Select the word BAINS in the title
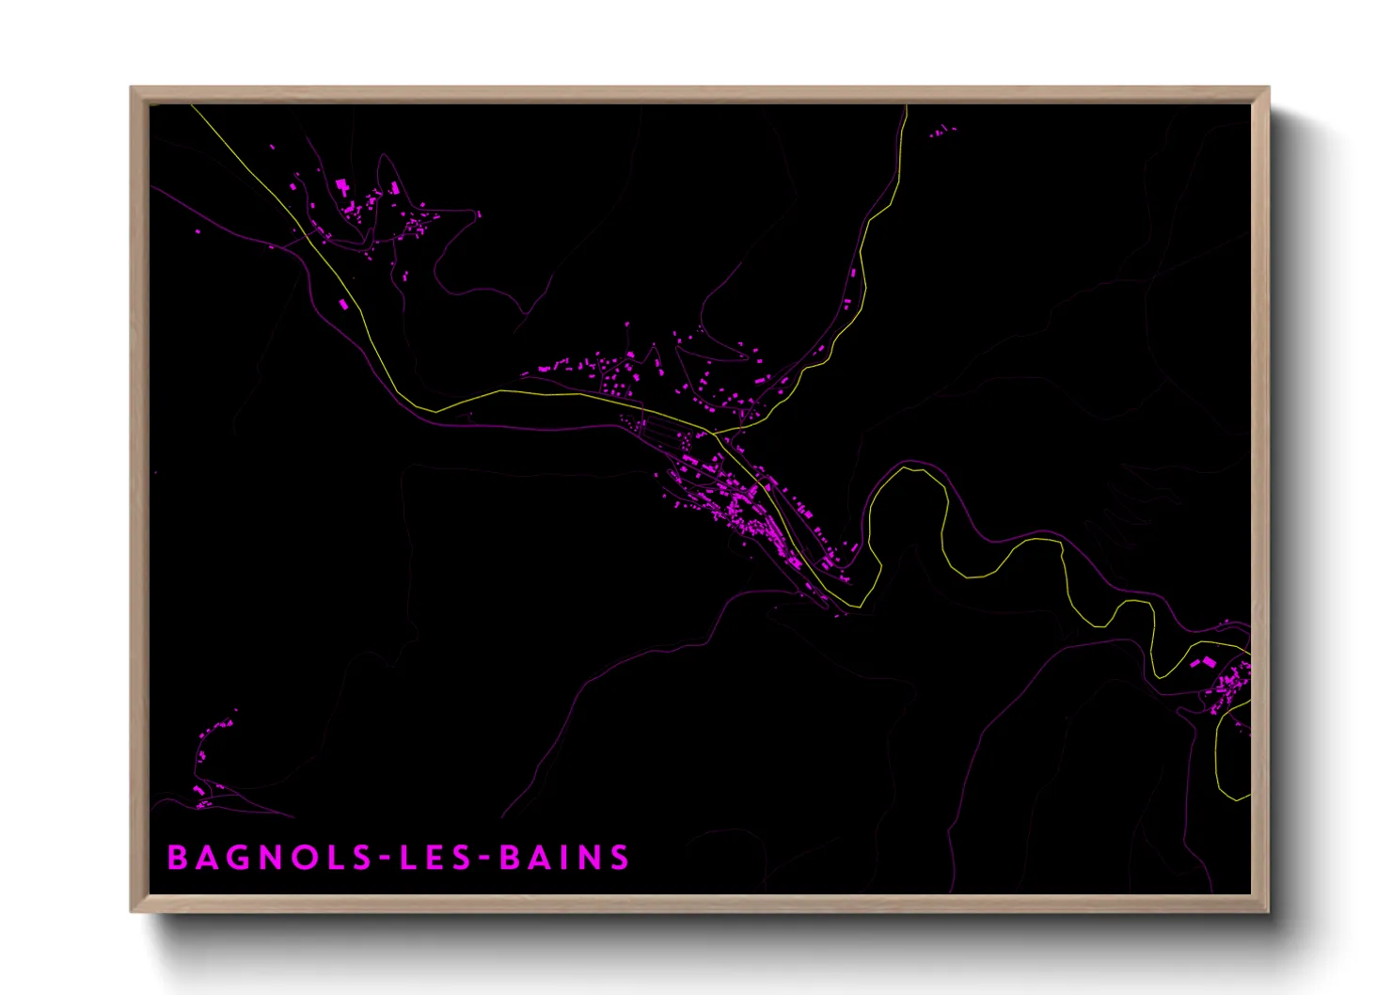(x=564, y=858)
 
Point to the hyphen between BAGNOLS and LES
(x=384, y=859)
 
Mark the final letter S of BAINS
(x=619, y=858)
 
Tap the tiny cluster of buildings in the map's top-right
(x=942, y=132)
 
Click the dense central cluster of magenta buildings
(x=743, y=508)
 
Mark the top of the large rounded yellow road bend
(x=908, y=468)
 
